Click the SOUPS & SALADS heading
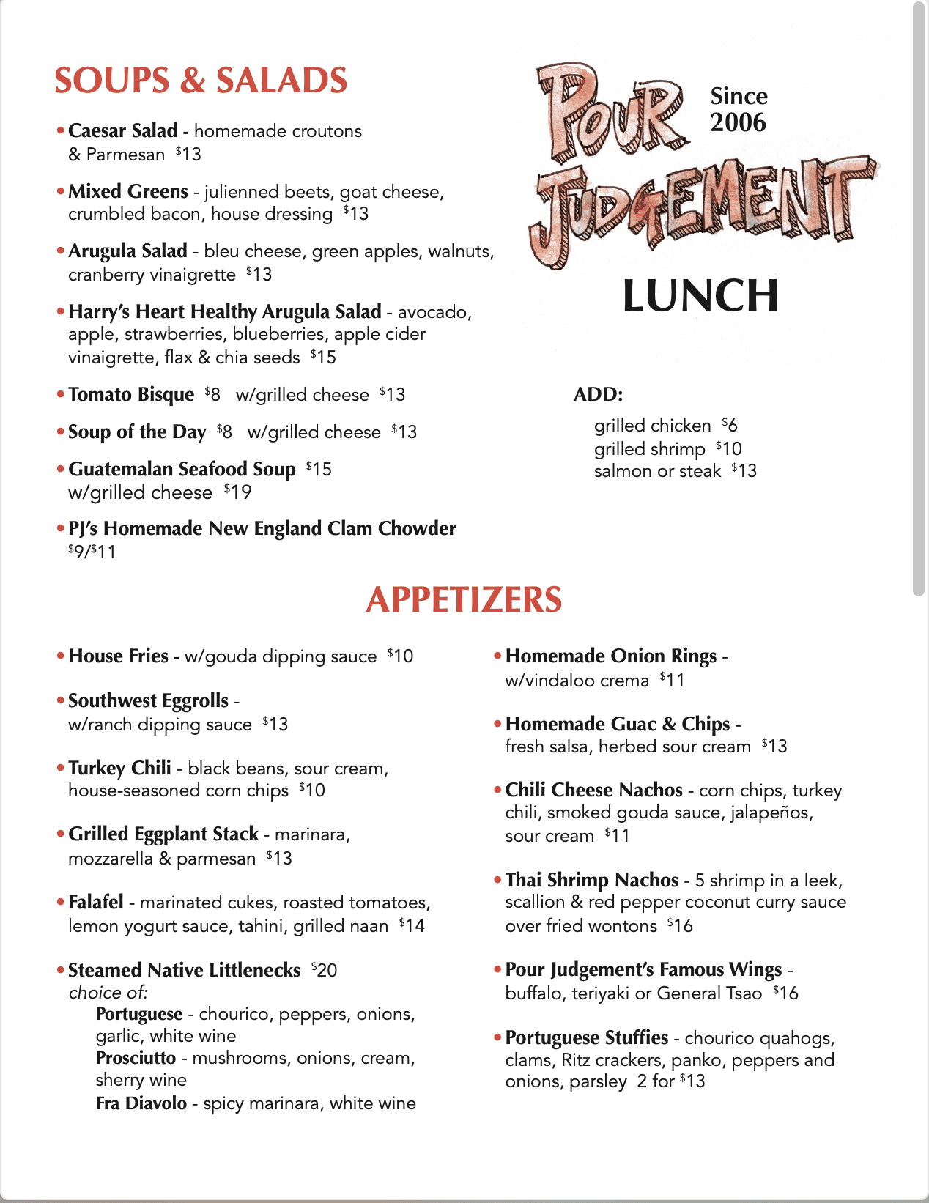[201, 81]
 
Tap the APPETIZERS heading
[464, 599]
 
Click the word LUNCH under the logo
[700, 296]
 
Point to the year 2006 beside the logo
[738, 122]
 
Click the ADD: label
[598, 394]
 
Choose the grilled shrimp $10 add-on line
[667, 448]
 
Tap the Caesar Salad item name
[122, 131]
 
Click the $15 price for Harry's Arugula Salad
[323, 358]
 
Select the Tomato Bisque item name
[131, 395]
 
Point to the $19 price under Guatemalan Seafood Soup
[238, 492]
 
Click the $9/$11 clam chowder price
[92, 552]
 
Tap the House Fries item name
[118, 656]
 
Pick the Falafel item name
[96, 903]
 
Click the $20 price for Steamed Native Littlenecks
[324, 970]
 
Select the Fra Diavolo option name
[141, 1103]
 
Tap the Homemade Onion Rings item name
[610, 656]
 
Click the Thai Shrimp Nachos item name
[591, 880]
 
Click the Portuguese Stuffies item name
[586, 1038]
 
